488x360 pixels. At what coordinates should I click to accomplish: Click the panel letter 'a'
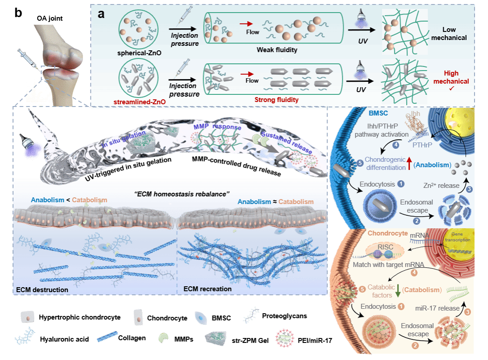(x=102, y=13)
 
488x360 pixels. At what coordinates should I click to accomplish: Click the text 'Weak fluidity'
(x=277, y=50)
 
